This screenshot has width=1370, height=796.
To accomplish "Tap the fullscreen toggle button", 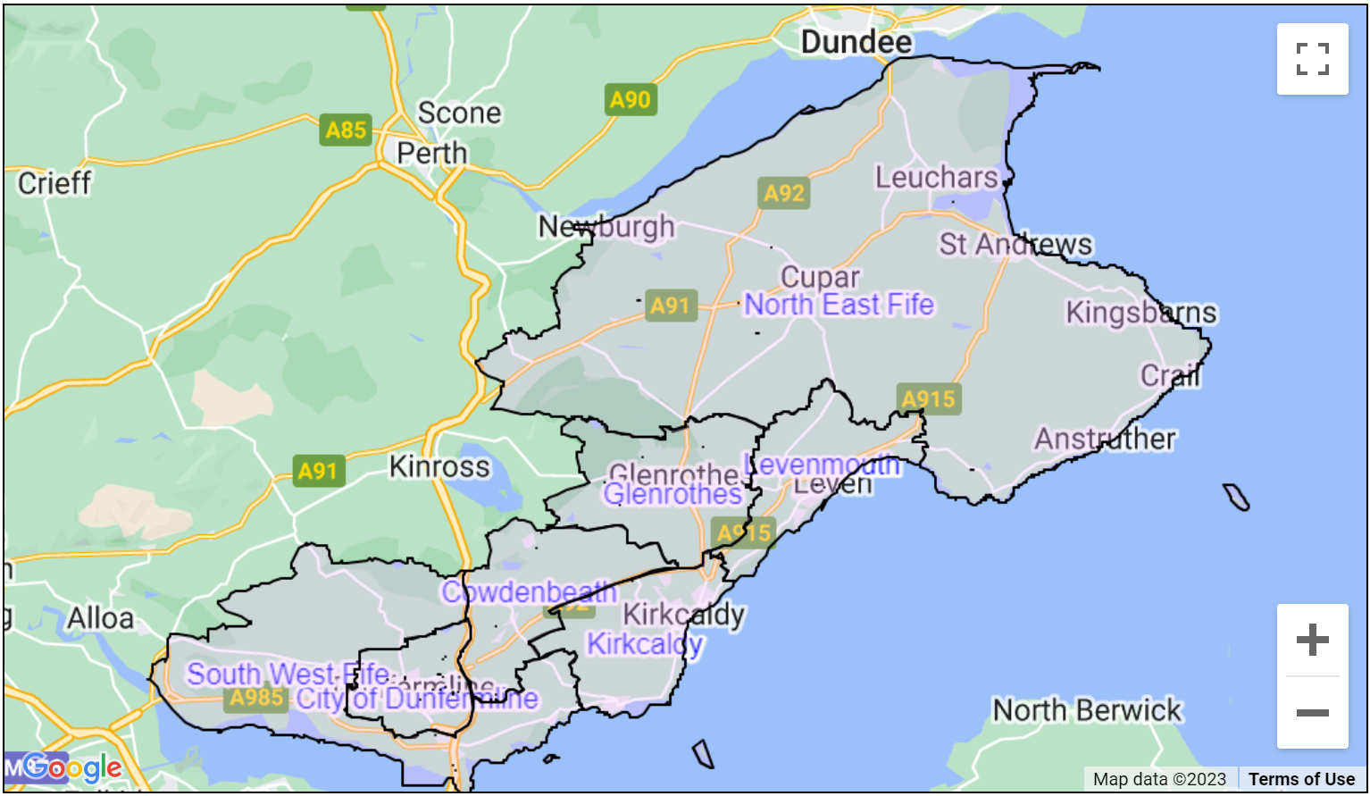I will tap(1312, 59).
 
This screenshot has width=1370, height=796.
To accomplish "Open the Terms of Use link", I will tap(1301, 779).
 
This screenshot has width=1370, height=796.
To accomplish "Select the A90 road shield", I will tap(630, 99).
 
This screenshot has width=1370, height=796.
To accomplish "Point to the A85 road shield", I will tap(346, 130).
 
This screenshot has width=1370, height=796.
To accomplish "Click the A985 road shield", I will tap(256, 698).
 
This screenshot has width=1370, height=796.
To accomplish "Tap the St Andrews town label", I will tap(1015, 244).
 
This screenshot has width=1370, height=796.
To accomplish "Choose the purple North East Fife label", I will tap(839, 305).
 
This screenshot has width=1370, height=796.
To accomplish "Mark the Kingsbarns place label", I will tap(1140, 313).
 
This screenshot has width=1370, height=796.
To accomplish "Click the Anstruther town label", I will tap(1105, 439).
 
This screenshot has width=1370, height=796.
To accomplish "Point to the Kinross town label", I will tap(439, 466).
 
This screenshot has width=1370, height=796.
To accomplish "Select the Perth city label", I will tap(432, 153).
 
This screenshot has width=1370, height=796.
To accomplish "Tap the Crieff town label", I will tap(54, 183).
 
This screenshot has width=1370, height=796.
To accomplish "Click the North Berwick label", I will tap(1087, 710).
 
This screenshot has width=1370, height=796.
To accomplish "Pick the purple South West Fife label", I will tap(288, 674).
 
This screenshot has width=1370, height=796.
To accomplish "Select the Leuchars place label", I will tap(936, 177).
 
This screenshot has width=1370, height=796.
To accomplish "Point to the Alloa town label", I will tap(100, 617).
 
